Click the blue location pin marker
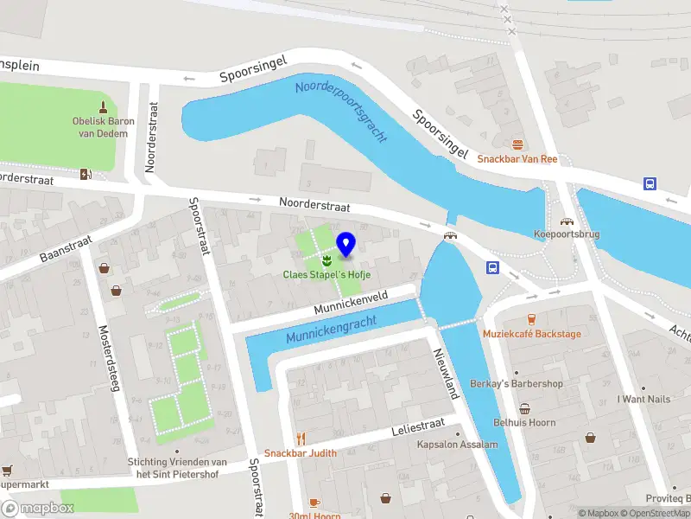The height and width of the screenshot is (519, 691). tap(345, 245)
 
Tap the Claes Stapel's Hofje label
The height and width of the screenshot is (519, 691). tap(327, 275)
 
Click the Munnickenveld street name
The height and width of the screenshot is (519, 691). tap(351, 301)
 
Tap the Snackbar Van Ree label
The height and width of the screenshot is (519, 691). tap(517, 159)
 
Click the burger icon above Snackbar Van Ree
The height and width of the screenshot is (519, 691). tap(517, 144)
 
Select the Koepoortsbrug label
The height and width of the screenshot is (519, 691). tap(567, 234)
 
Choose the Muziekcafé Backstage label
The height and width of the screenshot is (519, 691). tap(531, 334)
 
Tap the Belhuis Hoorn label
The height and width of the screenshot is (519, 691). tap(524, 423)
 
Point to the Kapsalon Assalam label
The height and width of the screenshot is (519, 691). tap(457, 445)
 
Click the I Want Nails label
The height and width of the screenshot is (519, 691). tap(643, 400)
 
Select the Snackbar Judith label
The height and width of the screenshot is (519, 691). tap(301, 453)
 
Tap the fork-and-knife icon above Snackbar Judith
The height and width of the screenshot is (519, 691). tap(301, 439)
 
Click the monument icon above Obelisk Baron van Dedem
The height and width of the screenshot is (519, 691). tap(104, 107)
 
